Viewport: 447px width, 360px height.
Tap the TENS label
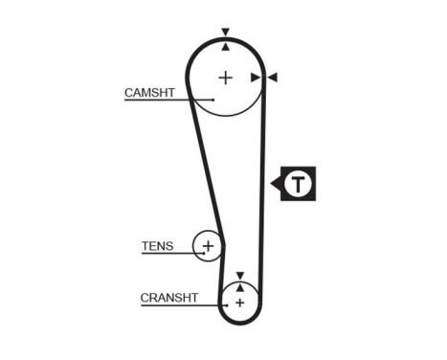tap(157, 246)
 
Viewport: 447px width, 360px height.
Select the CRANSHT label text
tap(169, 298)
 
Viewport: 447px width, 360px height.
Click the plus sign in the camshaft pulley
tap(225, 77)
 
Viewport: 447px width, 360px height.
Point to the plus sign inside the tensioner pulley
tap(207, 247)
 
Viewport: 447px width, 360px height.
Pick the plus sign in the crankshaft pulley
tap(239, 303)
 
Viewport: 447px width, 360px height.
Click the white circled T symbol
tap(300, 183)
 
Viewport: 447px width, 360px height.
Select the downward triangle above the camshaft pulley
tap(225, 33)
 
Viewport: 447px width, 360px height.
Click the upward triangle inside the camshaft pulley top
tap(225, 46)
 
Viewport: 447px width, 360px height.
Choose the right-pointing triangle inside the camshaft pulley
tap(256, 77)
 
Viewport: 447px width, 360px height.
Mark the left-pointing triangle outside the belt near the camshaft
tap(272, 77)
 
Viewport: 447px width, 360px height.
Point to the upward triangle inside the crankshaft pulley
tap(239, 286)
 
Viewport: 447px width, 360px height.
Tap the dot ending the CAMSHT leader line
tap(212, 100)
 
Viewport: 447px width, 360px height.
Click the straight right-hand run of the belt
tap(263, 191)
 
